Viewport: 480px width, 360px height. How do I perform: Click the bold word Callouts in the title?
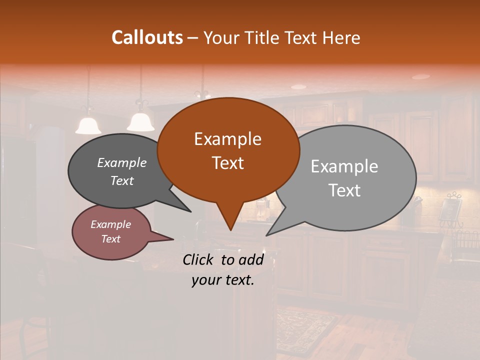[x=147, y=37]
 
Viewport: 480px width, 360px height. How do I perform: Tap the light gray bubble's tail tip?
[x=267, y=235]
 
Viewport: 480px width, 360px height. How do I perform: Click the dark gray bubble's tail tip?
[x=190, y=211]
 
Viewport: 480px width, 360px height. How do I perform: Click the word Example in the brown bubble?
[x=227, y=139]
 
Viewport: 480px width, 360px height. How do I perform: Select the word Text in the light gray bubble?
[x=344, y=190]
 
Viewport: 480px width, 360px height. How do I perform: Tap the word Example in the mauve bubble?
[x=110, y=224]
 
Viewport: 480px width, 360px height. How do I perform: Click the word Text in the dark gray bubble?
[x=122, y=181]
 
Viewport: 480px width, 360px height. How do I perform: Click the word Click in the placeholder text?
[x=199, y=259]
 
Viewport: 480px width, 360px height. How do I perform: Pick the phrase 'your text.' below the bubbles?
[x=222, y=280]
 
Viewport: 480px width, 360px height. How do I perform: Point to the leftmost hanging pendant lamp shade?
[x=88, y=126]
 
